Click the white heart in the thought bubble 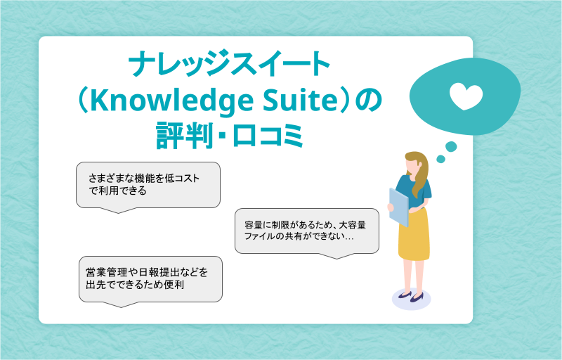pos(466,96)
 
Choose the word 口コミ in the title pos(268,136)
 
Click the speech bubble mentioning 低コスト pos(148,186)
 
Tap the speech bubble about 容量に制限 pos(307,232)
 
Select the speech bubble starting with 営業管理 pos(150,281)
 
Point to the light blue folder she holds pos(398,207)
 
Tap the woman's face pos(412,167)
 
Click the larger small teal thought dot pos(451,147)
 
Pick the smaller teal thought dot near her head pos(440,159)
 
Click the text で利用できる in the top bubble pos(118,191)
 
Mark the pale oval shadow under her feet pos(411,299)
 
